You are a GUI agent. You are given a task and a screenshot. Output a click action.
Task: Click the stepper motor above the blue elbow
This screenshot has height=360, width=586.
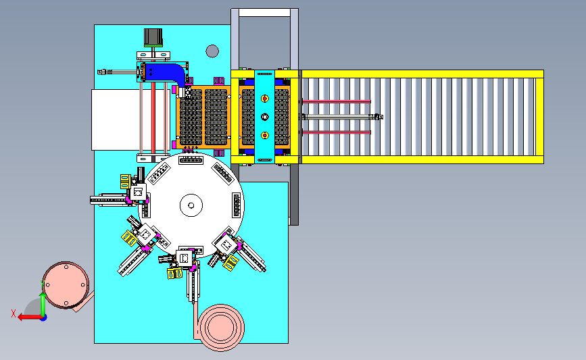coord(153,37)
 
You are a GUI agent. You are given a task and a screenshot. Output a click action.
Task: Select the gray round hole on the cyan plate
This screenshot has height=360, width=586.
coord(212,51)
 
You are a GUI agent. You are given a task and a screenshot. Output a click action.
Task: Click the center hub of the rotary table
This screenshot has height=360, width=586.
coord(191,205)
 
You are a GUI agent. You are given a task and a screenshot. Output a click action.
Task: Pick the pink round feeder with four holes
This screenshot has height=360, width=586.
coord(66,285)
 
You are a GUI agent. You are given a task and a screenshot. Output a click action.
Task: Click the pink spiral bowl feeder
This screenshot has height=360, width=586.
coord(221,328)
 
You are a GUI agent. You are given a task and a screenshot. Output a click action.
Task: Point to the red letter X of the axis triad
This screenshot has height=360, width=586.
coord(14,313)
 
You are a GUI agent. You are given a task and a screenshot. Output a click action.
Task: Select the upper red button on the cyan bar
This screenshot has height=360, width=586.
coord(264,99)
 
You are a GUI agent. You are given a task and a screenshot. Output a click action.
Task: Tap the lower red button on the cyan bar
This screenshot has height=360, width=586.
coord(264,135)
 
